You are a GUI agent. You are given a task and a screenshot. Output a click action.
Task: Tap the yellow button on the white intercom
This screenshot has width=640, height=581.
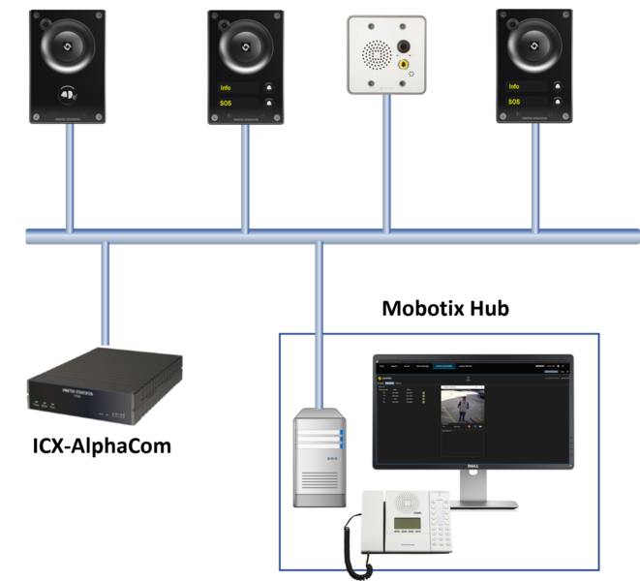(403, 64)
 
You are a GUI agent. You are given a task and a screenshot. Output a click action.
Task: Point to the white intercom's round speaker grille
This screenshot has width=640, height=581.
(371, 53)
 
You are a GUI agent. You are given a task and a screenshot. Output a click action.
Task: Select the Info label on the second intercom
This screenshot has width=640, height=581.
(226, 87)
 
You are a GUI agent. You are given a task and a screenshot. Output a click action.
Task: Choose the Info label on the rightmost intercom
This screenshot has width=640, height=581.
(514, 86)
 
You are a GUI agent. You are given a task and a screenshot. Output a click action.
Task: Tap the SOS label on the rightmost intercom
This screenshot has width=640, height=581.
(514, 102)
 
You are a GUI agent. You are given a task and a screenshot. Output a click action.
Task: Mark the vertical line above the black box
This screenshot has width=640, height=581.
(105, 290)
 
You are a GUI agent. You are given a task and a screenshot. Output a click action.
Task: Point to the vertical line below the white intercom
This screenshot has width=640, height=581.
(385, 165)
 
